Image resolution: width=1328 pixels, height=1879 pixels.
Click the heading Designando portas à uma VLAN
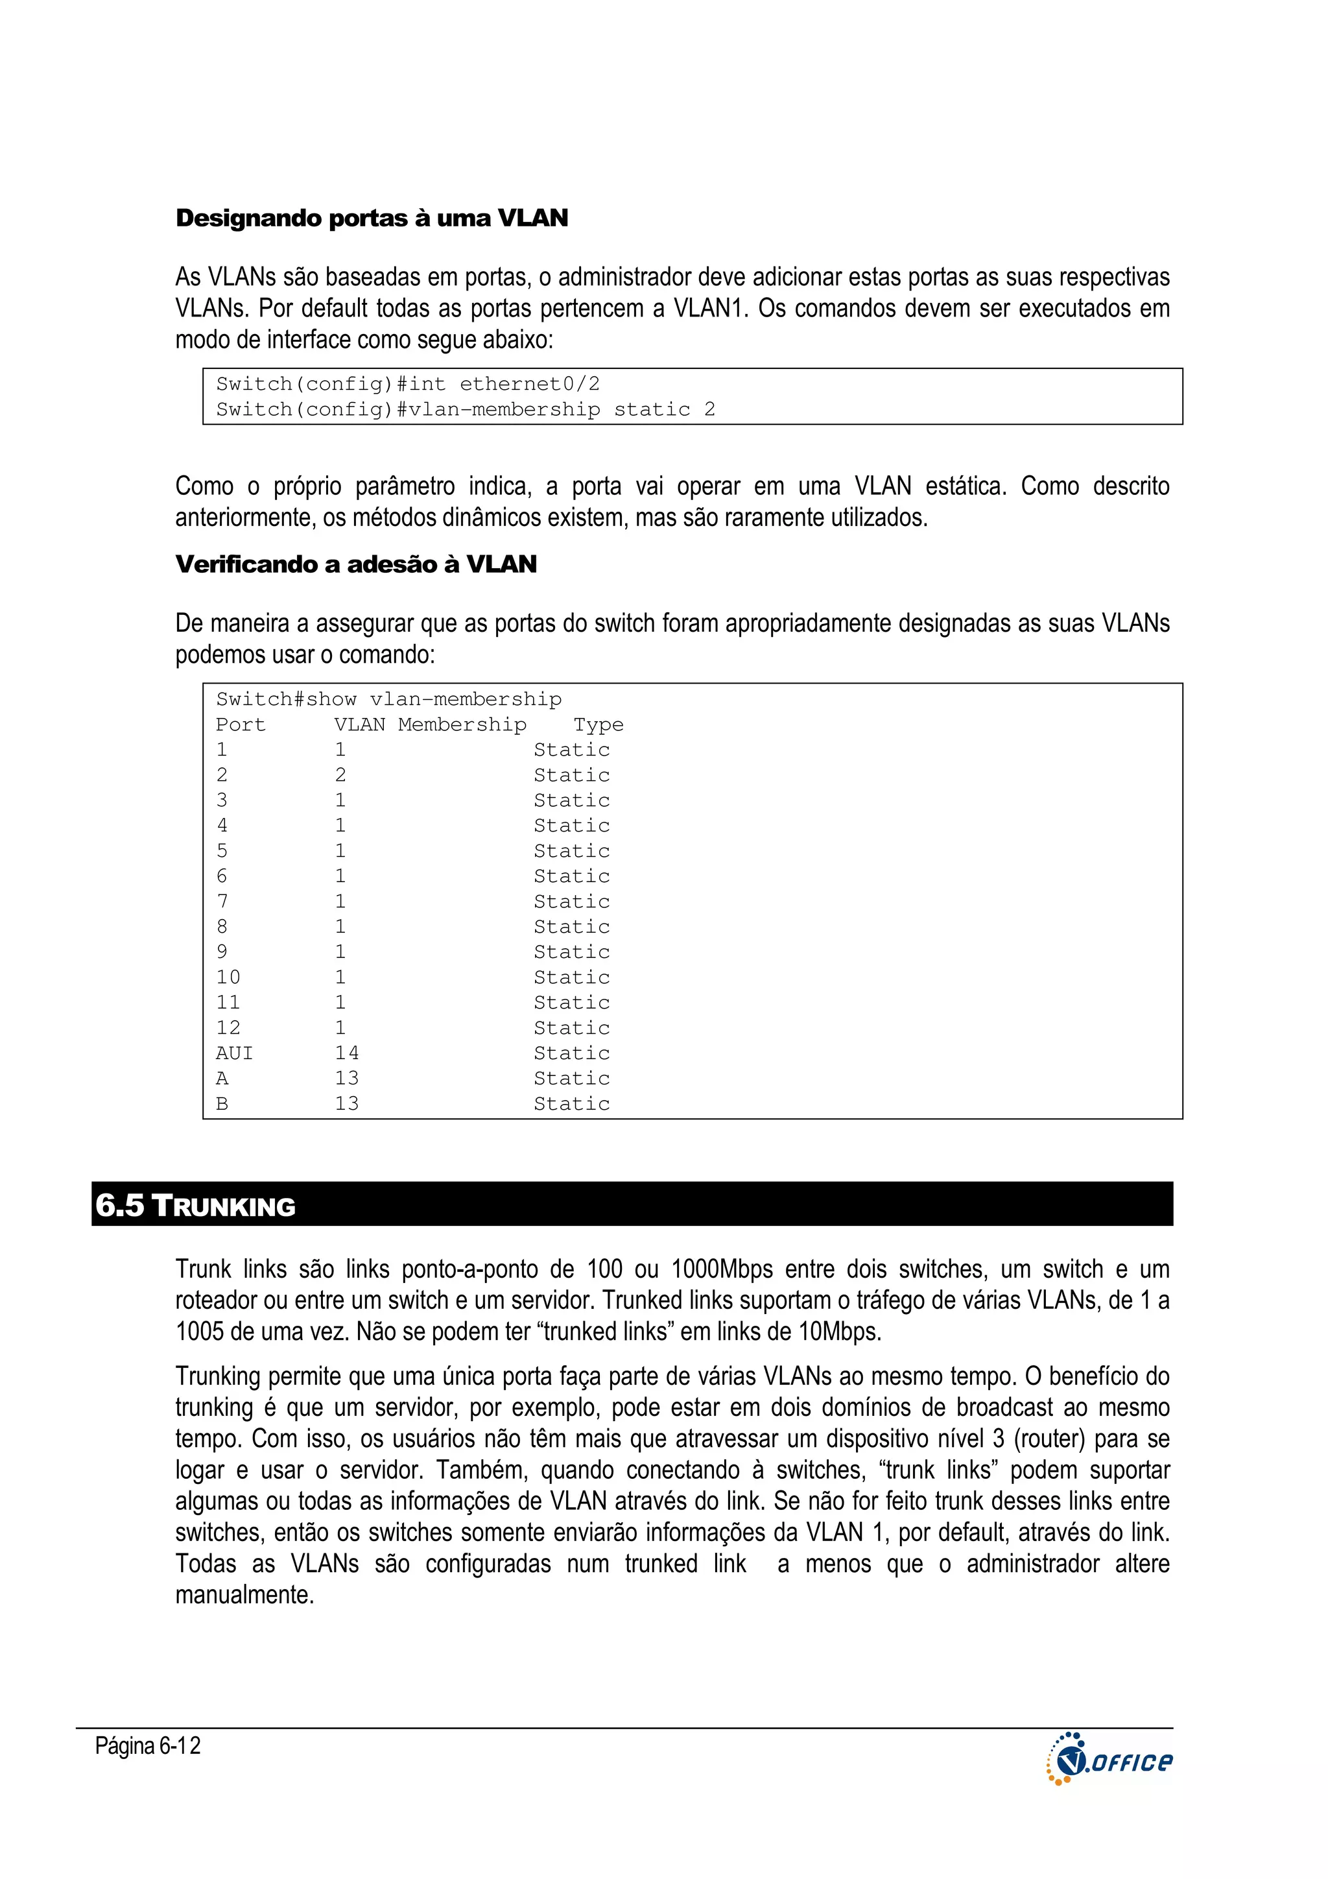click(372, 219)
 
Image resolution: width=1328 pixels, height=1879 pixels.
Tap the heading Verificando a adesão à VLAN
click(356, 565)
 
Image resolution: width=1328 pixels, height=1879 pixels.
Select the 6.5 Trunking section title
click(196, 1206)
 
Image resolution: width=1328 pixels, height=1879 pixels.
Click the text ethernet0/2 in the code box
click(529, 384)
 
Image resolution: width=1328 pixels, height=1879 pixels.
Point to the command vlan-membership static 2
click(562, 409)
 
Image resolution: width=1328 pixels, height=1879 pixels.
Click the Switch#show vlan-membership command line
click(388, 699)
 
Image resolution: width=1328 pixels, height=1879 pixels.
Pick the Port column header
click(241, 724)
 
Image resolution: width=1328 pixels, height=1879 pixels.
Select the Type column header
click(598, 724)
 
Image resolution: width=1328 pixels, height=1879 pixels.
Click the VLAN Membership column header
click(429, 724)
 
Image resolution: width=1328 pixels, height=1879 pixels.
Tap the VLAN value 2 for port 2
click(340, 775)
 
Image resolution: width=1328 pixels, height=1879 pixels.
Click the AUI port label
click(234, 1053)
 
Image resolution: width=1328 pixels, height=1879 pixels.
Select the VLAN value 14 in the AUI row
click(347, 1053)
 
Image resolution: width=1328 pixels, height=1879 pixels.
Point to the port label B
click(222, 1104)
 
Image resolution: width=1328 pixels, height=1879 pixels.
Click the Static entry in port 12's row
click(571, 1028)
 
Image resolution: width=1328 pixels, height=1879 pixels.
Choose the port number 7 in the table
click(222, 901)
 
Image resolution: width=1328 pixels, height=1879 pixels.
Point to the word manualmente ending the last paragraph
click(244, 1595)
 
